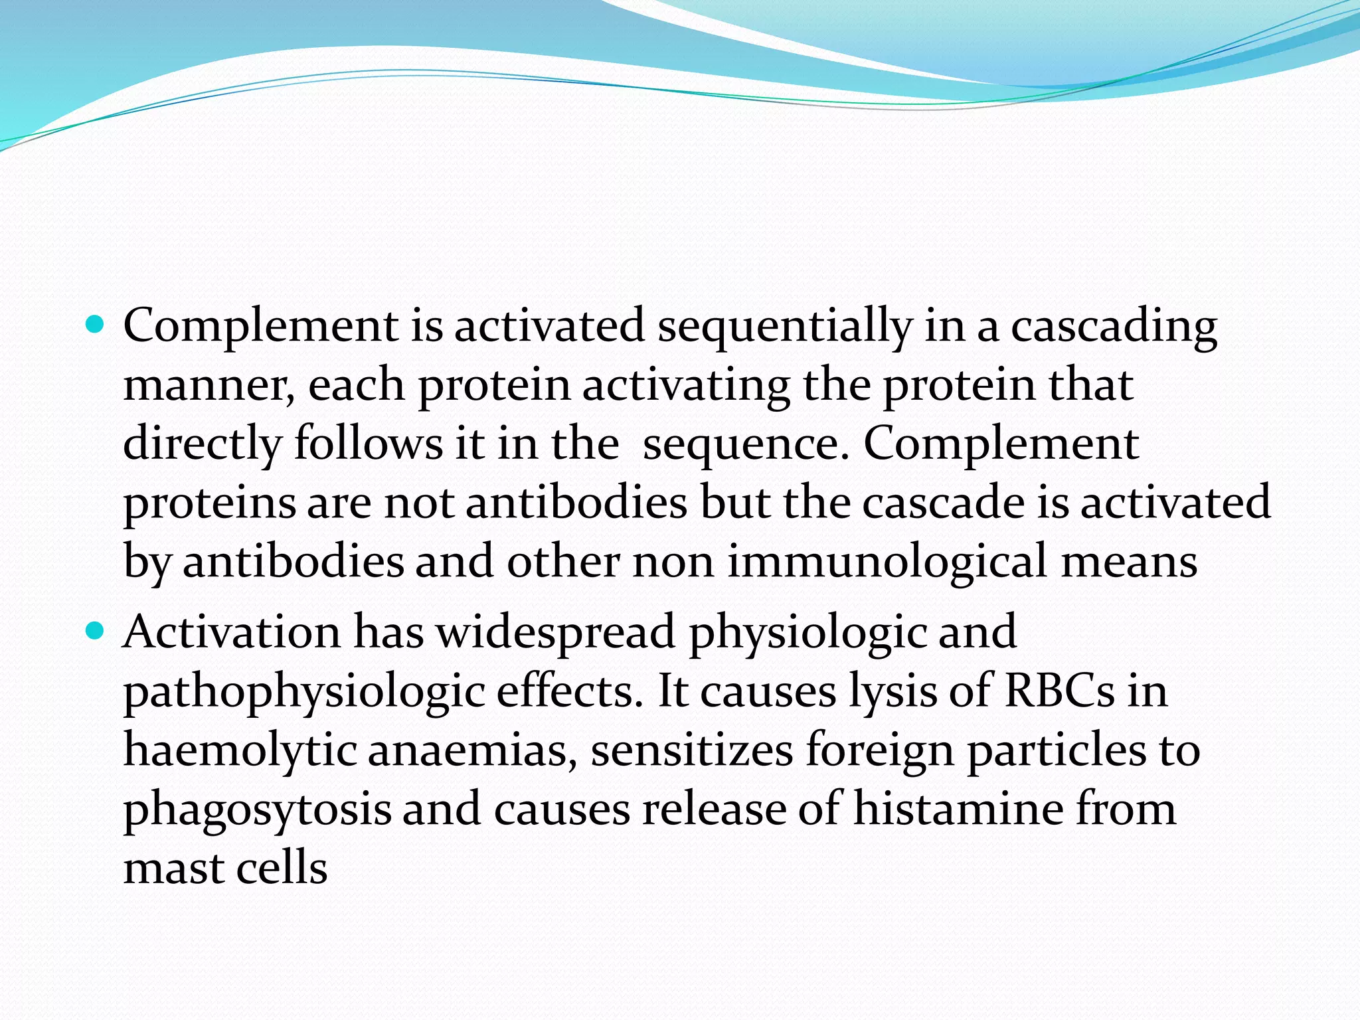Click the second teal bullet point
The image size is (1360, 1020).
[96, 630]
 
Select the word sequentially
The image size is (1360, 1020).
[784, 327]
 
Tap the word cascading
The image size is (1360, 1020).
[1114, 327]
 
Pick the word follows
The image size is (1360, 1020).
[368, 444]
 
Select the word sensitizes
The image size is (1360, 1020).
[691, 751]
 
